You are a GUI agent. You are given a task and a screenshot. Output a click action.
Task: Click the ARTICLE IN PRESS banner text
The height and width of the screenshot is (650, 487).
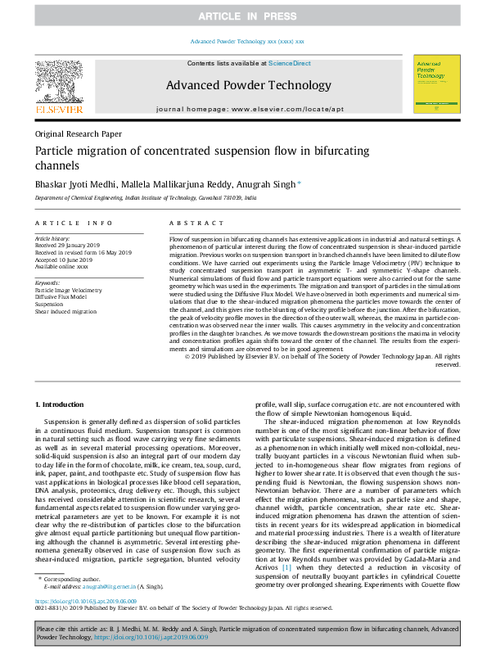(x=243, y=16)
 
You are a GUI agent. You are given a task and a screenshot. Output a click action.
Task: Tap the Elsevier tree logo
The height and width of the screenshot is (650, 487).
(x=58, y=83)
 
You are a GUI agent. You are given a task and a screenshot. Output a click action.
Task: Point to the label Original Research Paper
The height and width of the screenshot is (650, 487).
(x=78, y=133)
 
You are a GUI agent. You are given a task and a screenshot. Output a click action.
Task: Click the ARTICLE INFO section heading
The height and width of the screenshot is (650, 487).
(x=74, y=223)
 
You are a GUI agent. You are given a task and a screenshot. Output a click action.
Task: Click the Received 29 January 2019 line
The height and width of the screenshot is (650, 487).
(x=69, y=245)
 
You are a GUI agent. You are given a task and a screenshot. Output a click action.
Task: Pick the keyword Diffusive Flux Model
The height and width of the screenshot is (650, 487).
(x=63, y=296)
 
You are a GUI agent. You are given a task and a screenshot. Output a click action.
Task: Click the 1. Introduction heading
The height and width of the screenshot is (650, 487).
(x=61, y=405)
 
